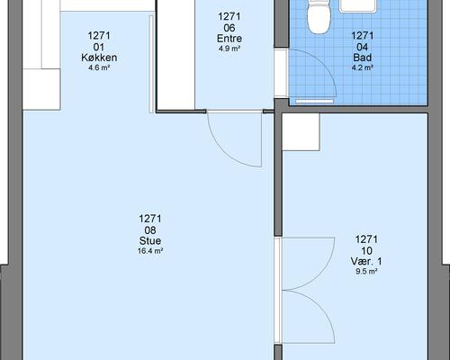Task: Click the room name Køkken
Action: (99, 58)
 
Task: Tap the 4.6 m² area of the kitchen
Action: (99, 67)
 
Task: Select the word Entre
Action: (229, 39)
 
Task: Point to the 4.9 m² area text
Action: (229, 49)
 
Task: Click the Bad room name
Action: (363, 58)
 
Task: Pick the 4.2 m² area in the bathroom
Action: (363, 67)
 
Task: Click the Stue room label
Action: (150, 240)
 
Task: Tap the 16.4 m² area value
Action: (150, 251)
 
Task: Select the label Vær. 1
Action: (366, 261)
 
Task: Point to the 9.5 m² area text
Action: (366, 272)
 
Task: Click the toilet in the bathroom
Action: (319, 16)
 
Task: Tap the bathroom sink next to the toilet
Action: (358, 6)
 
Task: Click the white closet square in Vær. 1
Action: (301, 132)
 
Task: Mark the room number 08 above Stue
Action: (150, 230)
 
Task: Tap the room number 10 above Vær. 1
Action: (366, 251)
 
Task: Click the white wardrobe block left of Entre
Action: (176, 55)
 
